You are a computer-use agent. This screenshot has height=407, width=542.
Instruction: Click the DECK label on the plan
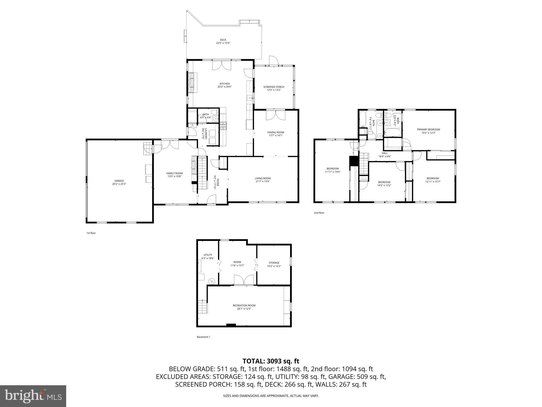pos(223,40)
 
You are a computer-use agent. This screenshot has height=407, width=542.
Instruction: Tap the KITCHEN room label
pos(224,84)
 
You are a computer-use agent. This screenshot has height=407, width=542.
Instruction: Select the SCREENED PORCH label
pos(274,87)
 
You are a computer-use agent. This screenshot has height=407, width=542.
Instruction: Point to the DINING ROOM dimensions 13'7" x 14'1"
pos(275,135)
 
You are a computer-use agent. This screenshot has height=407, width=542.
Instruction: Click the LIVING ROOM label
pos(263,178)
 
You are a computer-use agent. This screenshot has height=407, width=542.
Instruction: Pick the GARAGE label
pos(119,181)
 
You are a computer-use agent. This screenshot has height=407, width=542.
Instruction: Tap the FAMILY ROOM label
pos(174,173)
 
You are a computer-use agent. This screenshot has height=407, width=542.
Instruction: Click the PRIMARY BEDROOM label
pos(428,130)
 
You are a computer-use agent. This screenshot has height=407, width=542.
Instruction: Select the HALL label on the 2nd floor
pos(385,153)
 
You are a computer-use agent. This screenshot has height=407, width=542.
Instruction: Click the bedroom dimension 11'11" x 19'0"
pos(332,172)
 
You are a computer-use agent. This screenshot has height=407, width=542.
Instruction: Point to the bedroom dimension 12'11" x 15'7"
pos(433,182)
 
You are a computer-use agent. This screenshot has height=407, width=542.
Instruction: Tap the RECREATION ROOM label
pos(244,306)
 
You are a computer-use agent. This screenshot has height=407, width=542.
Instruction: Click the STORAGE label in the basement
pos(274,263)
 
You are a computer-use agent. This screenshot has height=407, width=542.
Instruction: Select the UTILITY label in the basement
pos(208,255)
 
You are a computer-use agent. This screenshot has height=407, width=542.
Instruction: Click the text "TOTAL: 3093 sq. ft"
pos(271,361)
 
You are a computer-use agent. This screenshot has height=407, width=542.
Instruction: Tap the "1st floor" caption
pos(91,233)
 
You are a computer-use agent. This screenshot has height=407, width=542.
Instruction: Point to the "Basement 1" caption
pos(203,337)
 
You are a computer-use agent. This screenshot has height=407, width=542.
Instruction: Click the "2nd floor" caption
pos(319,213)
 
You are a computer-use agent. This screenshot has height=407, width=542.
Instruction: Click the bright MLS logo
pos(33,396)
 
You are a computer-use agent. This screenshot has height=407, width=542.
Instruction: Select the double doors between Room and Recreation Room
pos(244,280)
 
